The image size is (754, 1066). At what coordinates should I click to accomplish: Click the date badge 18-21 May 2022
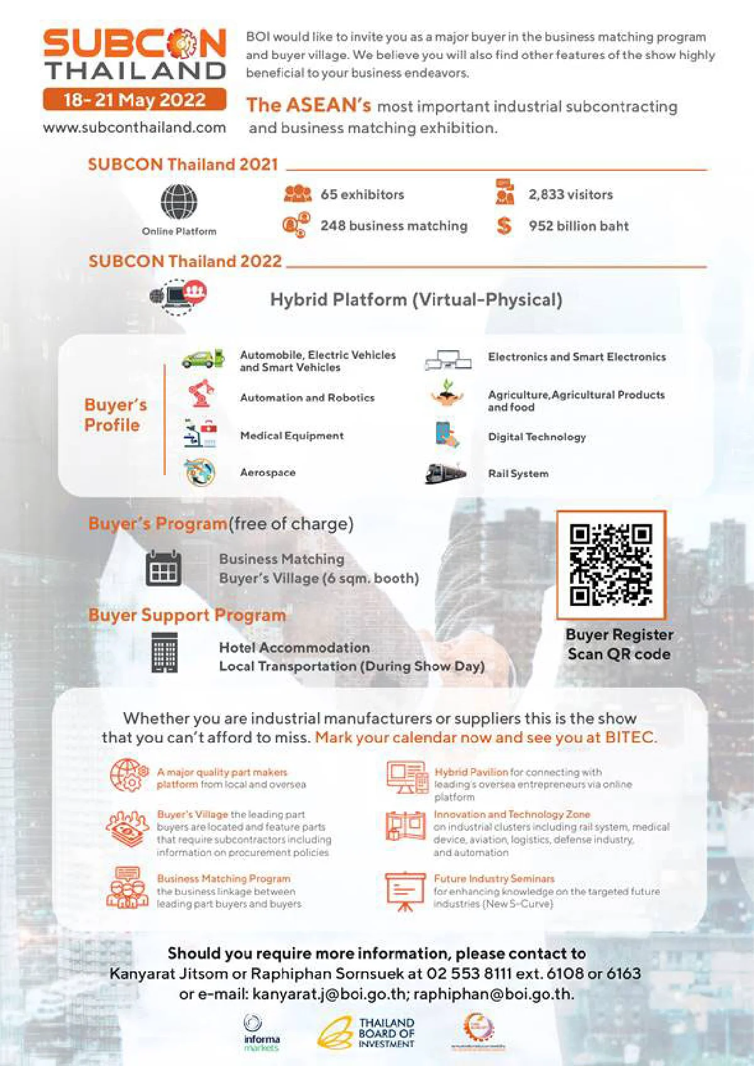tap(134, 100)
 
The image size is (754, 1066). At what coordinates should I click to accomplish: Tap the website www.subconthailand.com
tap(134, 128)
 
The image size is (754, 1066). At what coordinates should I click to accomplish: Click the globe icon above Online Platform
tap(178, 202)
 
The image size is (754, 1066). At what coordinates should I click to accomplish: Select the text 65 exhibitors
tap(362, 195)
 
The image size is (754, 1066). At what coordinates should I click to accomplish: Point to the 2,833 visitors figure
tap(570, 195)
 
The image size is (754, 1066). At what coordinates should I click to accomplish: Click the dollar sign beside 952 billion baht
tap(504, 226)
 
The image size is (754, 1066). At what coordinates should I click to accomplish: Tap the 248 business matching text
tap(393, 226)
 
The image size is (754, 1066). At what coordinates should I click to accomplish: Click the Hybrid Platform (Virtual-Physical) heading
tap(416, 300)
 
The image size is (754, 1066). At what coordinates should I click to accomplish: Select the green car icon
tap(202, 358)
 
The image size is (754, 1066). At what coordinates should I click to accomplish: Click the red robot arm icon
tap(201, 394)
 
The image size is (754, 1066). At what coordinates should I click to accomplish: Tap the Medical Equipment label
tap(292, 436)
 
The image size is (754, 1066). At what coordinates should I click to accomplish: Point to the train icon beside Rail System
tap(445, 473)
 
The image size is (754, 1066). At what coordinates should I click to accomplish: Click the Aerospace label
tap(268, 473)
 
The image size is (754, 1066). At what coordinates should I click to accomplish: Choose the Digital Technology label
tap(537, 437)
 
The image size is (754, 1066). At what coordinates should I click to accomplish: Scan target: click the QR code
tap(611, 564)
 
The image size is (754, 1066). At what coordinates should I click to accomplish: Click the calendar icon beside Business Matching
tap(163, 568)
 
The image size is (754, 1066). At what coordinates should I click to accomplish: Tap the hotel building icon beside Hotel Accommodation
tap(165, 653)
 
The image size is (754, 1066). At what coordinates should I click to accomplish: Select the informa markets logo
tap(261, 1033)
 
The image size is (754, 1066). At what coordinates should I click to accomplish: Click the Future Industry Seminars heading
tap(494, 879)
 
